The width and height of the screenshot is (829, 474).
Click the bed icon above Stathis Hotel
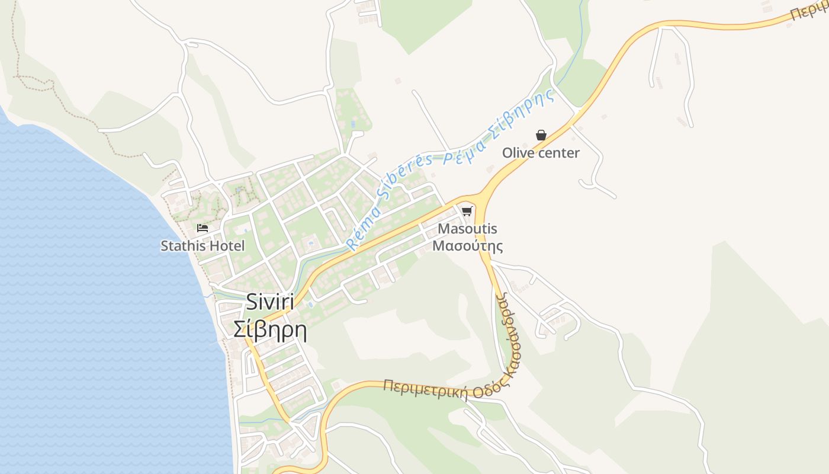203,228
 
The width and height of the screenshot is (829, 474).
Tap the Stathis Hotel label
203,245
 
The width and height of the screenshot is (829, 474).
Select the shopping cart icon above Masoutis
467,211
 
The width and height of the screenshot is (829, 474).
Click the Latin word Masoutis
468,229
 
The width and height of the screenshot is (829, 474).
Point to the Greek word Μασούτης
468,245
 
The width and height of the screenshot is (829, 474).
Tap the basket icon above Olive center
541,135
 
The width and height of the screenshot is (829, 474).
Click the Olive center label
541,153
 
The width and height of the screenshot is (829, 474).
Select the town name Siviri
270,303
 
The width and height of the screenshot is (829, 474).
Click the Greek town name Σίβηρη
270,329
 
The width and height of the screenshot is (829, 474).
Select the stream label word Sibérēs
409,173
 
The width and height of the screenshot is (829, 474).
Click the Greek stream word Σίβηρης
524,111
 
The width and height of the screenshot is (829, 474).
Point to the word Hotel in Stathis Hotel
228,245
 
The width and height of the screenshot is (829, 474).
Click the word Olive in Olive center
517,153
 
